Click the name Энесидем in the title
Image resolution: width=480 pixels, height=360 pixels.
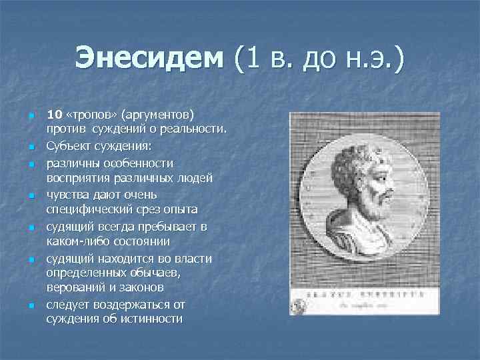150,59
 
